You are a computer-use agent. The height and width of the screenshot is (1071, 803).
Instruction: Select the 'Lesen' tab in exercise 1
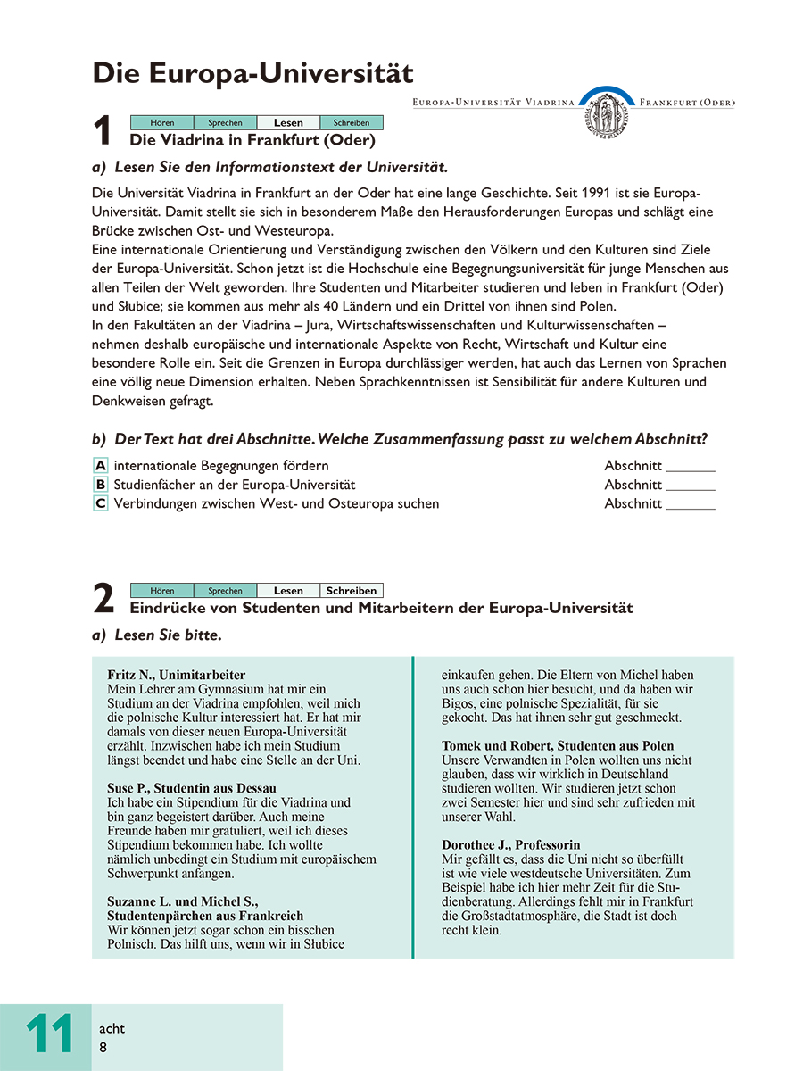tap(288, 123)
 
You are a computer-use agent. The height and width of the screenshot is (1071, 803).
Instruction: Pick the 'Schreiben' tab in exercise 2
tap(352, 591)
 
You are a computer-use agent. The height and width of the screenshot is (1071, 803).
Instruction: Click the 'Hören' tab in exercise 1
tap(161, 123)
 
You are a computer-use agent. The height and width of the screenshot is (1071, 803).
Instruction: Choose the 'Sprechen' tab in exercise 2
tap(225, 591)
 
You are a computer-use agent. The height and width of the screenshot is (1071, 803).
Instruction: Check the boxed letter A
tap(101, 466)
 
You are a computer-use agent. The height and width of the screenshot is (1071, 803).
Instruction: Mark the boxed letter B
tap(101, 485)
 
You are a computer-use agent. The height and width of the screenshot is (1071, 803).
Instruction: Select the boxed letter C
tap(101, 503)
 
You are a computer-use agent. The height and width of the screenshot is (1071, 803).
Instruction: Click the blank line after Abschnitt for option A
tap(691, 468)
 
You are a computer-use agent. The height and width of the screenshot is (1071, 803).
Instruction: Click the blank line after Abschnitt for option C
tap(691, 505)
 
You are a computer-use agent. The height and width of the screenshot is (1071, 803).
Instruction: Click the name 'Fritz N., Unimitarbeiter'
tap(176, 676)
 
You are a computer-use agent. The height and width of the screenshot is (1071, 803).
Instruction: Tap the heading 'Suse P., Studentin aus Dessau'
tap(192, 788)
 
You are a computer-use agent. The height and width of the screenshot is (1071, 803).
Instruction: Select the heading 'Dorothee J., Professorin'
tap(511, 844)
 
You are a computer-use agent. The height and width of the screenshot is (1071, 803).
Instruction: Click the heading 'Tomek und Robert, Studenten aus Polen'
tap(558, 745)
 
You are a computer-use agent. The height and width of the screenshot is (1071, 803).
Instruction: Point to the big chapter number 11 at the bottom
tap(50, 1035)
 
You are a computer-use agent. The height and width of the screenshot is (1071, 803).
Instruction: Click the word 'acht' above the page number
tap(112, 1029)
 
